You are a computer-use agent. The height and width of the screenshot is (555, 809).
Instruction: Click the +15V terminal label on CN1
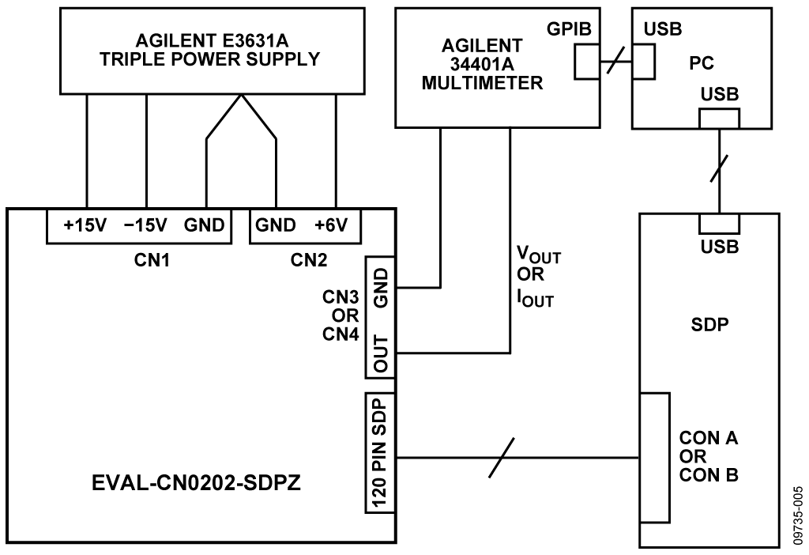tap(85, 225)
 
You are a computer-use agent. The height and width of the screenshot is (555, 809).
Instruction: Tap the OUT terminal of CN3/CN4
tap(381, 353)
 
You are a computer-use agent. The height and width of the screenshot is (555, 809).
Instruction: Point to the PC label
tap(696, 62)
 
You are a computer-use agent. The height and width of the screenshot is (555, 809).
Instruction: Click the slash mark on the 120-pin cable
tap(502, 458)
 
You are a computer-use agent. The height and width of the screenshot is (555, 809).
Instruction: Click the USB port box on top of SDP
tap(718, 224)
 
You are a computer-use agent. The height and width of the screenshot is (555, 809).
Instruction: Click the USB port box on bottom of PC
tap(718, 118)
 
